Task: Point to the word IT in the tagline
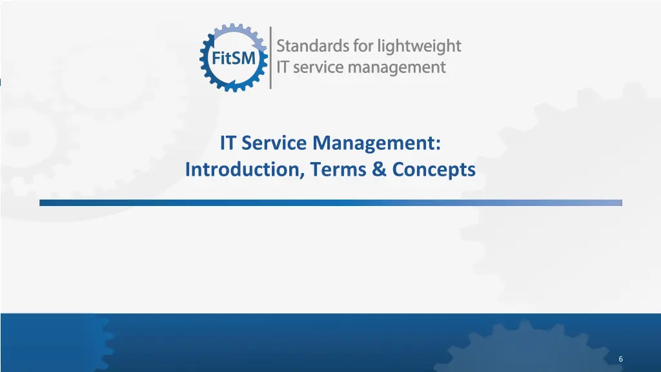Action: [283, 67]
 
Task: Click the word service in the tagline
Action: [316, 67]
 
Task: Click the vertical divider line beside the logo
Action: [270, 57]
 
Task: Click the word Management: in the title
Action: [377, 142]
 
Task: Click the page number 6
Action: [620, 359]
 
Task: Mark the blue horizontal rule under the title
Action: [330, 203]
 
